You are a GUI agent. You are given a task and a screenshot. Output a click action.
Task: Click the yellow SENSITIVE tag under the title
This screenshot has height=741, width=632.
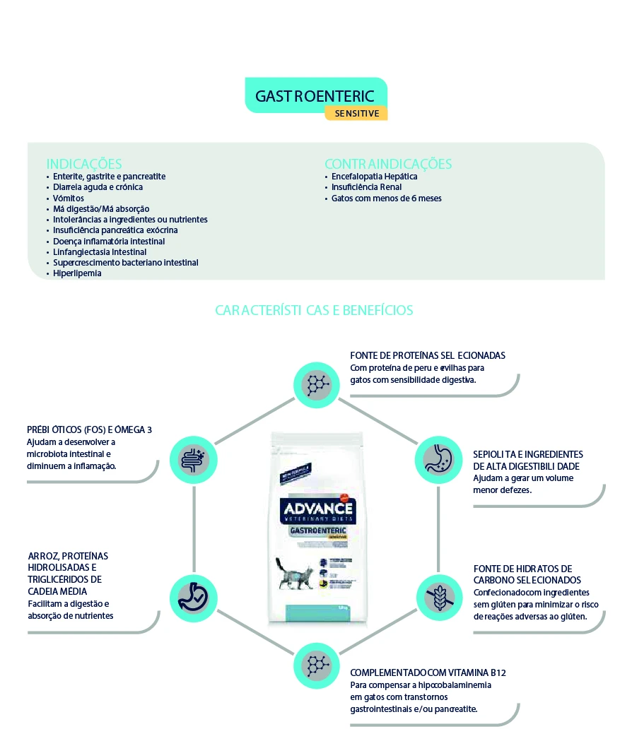tap(356, 113)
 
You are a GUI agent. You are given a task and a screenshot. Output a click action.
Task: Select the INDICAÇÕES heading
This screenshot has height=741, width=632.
tap(84, 164)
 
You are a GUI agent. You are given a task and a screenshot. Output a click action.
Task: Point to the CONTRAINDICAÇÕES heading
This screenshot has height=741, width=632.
tap(388, 164)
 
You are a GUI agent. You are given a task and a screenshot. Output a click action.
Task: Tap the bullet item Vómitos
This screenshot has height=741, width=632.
tap(69, 198)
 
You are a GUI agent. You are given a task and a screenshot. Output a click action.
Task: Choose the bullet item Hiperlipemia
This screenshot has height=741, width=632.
tap(77, 273)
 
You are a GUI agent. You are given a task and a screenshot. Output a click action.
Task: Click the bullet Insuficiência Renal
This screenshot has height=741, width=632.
tap(366, 187)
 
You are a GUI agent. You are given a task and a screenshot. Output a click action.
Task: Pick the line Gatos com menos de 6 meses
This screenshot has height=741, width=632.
tap(386, 198)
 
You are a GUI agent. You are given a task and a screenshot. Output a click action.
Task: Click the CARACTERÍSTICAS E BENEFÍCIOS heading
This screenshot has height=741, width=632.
tap(314, 310)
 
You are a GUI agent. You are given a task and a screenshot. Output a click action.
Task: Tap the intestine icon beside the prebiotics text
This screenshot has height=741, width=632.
tap(194, 459)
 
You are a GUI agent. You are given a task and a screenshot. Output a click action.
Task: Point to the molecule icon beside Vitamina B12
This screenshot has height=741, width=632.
tap(315, 664)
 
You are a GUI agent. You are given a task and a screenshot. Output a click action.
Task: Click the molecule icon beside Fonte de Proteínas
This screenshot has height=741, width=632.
tap(315, 384)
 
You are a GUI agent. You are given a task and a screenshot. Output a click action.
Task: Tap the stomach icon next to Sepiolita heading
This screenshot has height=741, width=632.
tap(436, 459)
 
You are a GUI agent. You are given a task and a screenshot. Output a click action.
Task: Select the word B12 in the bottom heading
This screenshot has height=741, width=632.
tap(498, 673)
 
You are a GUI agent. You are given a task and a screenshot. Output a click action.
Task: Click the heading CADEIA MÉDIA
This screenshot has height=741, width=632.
tap(57, 591)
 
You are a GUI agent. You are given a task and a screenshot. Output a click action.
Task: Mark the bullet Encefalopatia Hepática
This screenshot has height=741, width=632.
tap(375, 176)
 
